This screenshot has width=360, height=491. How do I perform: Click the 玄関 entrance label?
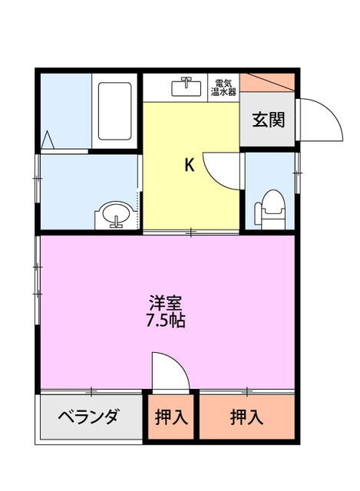point(266,120)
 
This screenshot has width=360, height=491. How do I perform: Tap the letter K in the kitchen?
point(188,164)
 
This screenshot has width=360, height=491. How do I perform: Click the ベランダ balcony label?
point(90,417)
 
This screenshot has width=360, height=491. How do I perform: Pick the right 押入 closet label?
point(247,418)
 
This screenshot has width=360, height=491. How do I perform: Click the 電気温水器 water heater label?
point(224,87)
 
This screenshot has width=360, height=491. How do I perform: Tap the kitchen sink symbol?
point(186,86)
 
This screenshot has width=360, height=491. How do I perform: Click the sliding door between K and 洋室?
point(192,231)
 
